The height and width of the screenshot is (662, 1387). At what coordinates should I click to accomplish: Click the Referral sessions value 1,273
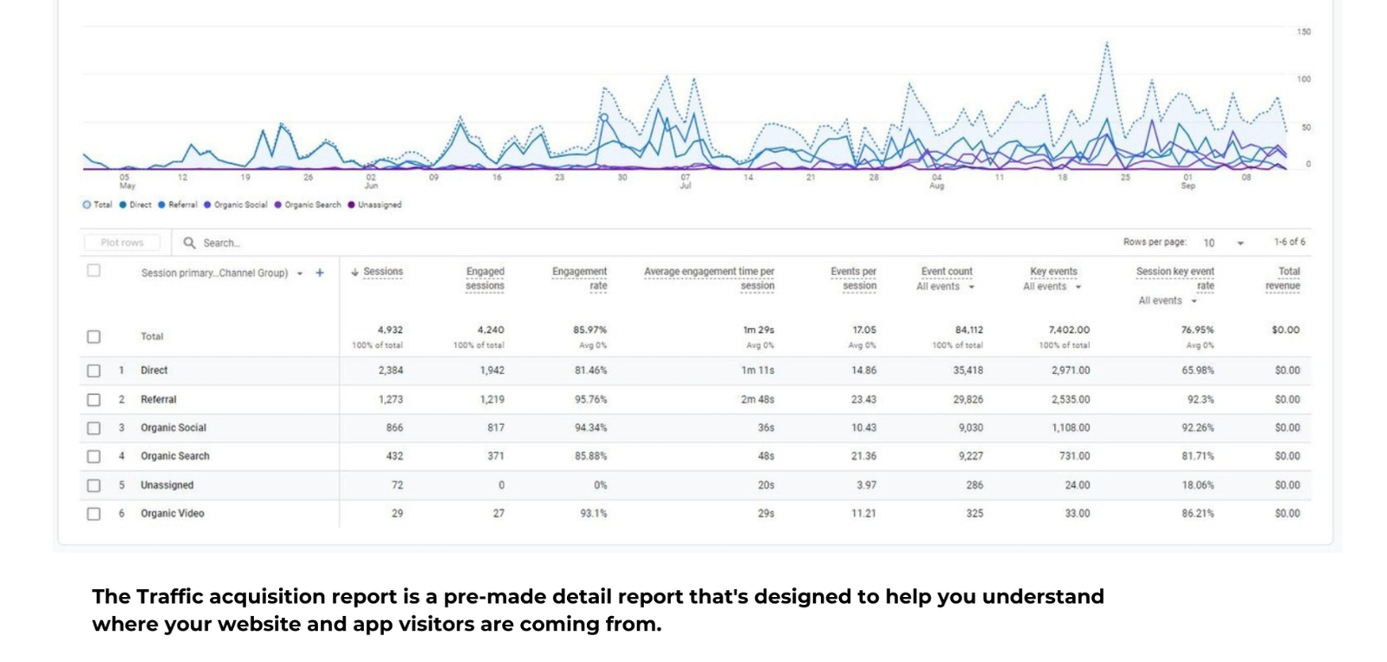(x=390, y=400)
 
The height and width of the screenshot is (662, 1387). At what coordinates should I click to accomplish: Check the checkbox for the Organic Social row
(x=94, y=428)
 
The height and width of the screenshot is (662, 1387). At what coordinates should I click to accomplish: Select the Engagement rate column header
(x=579, y=278)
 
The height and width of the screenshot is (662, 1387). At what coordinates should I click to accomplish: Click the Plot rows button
(x=122, y=243)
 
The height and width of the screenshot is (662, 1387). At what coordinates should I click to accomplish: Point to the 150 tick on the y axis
(x=1303, y=32)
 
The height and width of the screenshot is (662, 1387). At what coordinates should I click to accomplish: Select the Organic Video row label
(x=173, y=514)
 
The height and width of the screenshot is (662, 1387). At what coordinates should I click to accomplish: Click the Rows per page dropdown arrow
(x=1240, y=243)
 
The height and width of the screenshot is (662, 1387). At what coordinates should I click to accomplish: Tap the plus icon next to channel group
(x=320, y=272)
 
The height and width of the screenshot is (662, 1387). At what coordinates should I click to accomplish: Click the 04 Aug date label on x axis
(x=936, y=180)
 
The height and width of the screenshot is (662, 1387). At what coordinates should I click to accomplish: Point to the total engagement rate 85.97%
(x=589, y=330)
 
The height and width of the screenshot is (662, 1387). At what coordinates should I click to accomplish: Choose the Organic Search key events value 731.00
(x=1074, y=456)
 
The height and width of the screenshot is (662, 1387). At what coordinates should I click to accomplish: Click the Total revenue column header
(x=1283, y=278)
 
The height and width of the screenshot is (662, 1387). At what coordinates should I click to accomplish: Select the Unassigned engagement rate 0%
(x=600, y=486)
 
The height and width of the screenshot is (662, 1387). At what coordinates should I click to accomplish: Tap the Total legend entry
(x=98, y=206)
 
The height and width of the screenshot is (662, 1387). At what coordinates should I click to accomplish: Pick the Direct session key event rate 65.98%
(x=1197, y=370)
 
